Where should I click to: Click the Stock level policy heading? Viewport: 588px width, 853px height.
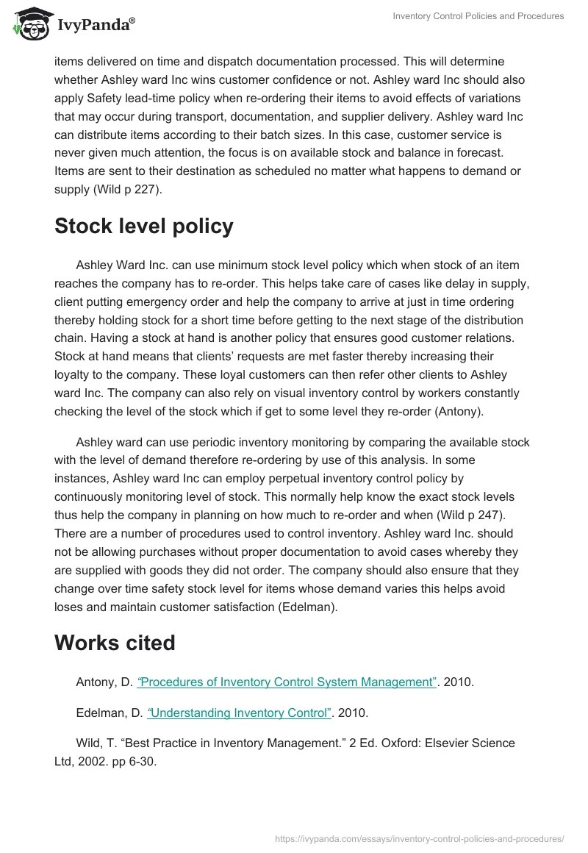(x=144, y=226)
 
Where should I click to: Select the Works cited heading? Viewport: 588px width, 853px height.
(x=115, y=643)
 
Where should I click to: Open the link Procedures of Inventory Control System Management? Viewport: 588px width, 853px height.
(x=287, y=682)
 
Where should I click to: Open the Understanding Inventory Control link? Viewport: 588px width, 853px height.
(x=240, y=713)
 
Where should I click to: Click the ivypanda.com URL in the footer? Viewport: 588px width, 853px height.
(x=418, y=837)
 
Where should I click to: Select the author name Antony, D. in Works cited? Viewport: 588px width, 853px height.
(x=104, y=682)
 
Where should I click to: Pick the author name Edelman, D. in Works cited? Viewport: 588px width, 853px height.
(x=109, y=713)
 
